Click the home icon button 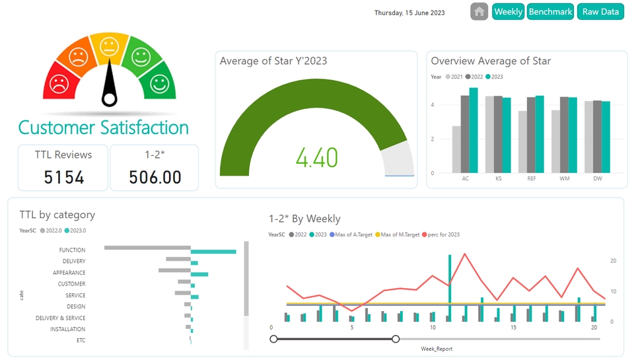pyautogui.click(x=479, y=11)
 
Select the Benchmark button pyautogui.click(x=550, y=12)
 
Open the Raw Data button pyautogui.click(x=600, y=12)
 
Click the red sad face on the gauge pyautogui.click(x=59, y=84)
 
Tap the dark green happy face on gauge pyautogui.click(x=158, y=83)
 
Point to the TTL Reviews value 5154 pyautogui.click(x=64, y=177)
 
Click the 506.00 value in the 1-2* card pyautogui.click(x=155, y=177)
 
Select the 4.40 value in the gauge pyautogui.click(x=317, y=158)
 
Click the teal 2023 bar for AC pyautogui.click(x=474, y=130)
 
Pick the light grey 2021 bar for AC pyautogui.click(x=456, y=149)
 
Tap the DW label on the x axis pyautogui.click(x=597, y=179)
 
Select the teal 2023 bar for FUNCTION pyautogui.click(x=213, y=251)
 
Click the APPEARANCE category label pyautogui.click(x=69, y=273)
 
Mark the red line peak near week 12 pyautogui.click(x=465, y=254)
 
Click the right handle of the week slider pyautogui.click(x=396, y=339)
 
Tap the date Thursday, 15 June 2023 pyautogui.click(x=409, y=13)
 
